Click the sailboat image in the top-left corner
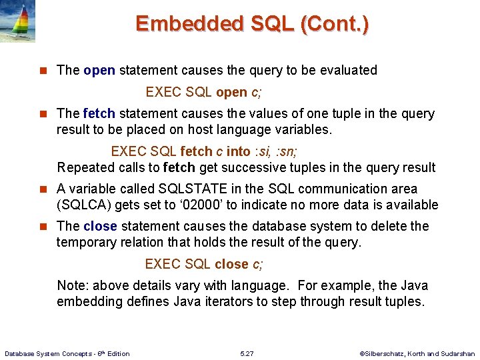click(18, 21)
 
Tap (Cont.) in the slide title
click(335, 24)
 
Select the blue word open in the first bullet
click(99, 70)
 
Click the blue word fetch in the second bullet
click(99, 113)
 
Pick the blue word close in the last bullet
click(100, 226)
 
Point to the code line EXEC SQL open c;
click(204, 91)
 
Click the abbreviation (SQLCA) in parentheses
click(84, 205)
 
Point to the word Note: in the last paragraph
click(73, 285)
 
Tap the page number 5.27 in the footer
click(247, 353)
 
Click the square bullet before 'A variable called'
click(44, 189)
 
